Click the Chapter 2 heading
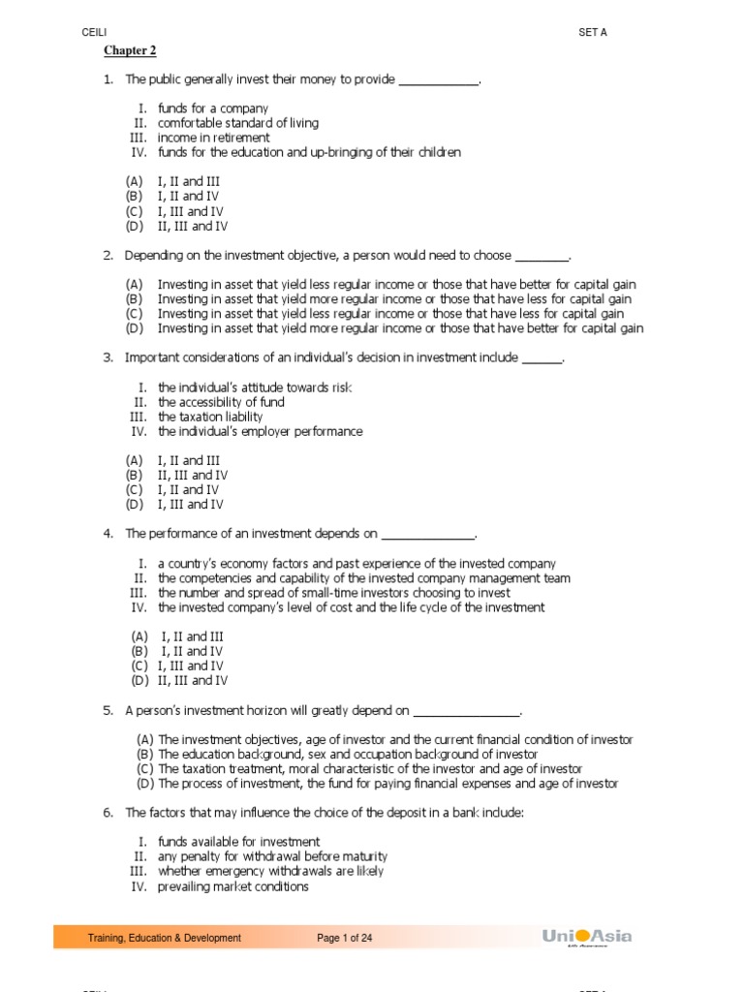click(x=130, y=50)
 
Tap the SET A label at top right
click(x=592, y=32)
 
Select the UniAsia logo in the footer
click(x=587, y=937)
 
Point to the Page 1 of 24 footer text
click(x=345, y=938)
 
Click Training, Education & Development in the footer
click(x=165, y=938)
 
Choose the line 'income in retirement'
click(x=214, y=138)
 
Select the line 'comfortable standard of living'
click(x=237, y=123)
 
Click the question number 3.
click(x=108, y=357)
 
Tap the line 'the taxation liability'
click(x=210, y=417)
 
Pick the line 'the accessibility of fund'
click(x=221, y=402)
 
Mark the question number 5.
click(x=108, y=710)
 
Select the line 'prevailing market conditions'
click(x=233, y=885)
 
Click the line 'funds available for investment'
click(x=238, y=842)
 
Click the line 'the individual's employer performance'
click(x=261, y=431)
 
